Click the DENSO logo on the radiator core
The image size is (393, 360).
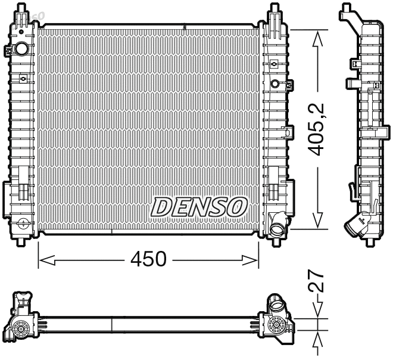(199, 206)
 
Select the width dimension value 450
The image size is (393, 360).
(148, 259)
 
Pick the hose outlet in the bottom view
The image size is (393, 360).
(277, 306)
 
